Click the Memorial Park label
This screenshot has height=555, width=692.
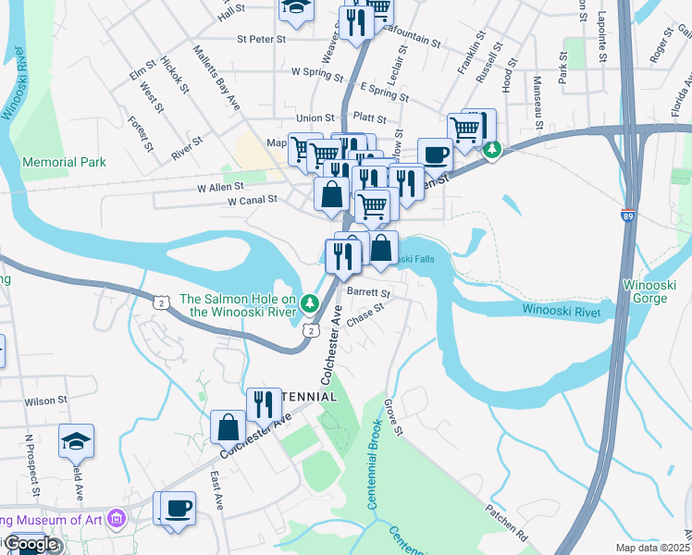pyautogui.click(x=64, y=162)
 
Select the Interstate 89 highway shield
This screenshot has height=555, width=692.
pyautogui.click(x=628, y=214)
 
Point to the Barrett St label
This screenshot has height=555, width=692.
pyautogui.click(x=369, y=293)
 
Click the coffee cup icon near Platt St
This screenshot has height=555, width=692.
pyautogui.click(x=434, y=154)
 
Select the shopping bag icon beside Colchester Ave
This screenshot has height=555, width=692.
pyautogui.click(x=228, y=427)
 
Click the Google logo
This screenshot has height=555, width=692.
pyautogui.click(x=31, y=545)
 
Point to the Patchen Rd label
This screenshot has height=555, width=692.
pyautogui.click(x=509, y=523)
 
